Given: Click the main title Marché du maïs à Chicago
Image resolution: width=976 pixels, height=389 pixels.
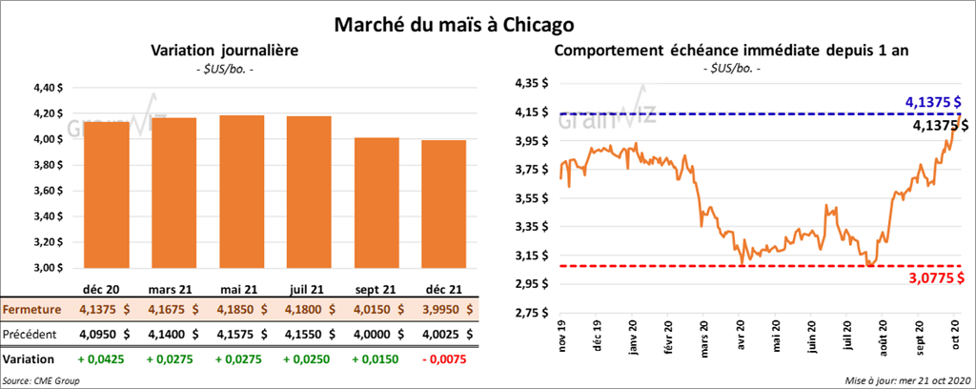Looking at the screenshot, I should pos(454,21).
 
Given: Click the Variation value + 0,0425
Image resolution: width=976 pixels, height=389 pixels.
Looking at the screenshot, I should pos(98,359).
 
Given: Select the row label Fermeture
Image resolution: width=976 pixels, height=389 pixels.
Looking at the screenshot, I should pos(31,310).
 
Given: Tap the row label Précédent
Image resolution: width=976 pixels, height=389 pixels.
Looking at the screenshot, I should pos(31,334).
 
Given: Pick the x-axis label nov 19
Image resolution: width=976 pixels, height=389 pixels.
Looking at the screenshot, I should pos(561,338).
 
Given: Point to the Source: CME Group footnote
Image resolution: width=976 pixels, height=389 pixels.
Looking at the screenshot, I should pos(42,380).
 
